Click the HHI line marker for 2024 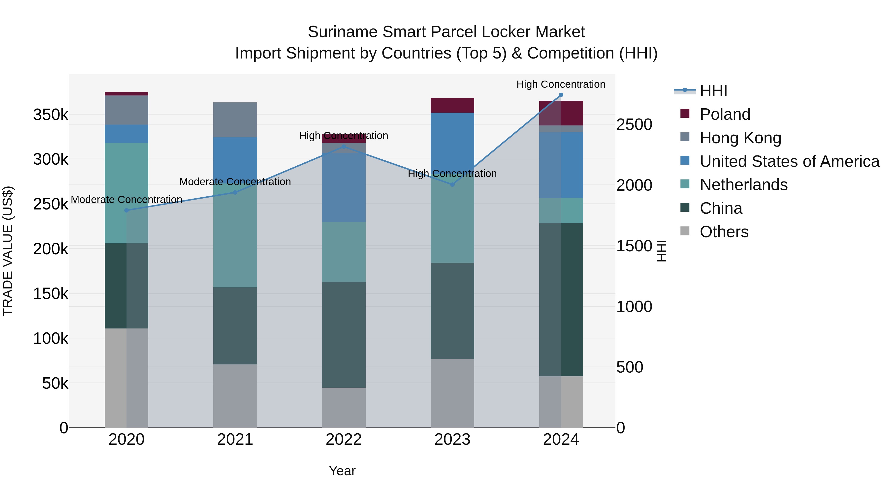(561, 95)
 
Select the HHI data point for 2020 (127, 210)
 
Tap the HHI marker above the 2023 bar (452, 185)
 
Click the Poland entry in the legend (725, 114)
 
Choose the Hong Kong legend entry (740, 138)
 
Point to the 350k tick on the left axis (51, 114)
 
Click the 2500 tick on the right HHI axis (634, 124)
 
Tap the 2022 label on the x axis (344, 440)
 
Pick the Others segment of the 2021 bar (235, 396)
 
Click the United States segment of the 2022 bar (344, 187)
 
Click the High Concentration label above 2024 (561, 84)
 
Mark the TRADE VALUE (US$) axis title (8, 251)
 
